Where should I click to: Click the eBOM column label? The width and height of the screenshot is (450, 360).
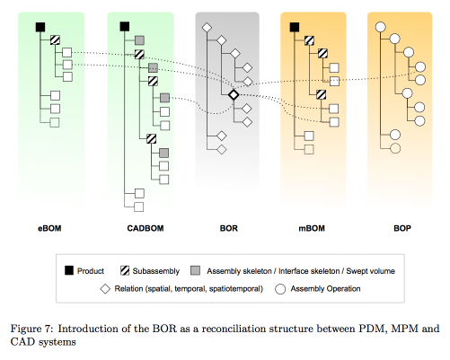[49, 228]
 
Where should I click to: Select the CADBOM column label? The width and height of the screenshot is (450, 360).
[146, 228]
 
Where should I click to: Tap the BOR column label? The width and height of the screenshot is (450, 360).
[229, 228]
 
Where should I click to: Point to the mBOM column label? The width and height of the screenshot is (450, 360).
[312, 228]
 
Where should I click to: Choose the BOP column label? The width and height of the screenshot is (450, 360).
[402, 228]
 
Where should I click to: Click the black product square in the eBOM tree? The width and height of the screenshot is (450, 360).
[40, 27]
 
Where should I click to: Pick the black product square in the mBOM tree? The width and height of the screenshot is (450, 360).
[295, 27]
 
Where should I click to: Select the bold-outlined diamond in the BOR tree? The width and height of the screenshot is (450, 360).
[234, 95]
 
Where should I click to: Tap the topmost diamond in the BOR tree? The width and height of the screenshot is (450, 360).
[207, 28]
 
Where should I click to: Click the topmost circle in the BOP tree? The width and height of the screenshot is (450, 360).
[380, 27]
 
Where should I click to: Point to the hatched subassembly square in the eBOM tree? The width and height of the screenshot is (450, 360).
[55, 40]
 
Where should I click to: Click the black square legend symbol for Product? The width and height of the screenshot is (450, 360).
[69, 270]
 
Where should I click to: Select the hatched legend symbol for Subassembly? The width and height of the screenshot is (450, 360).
[125, 270]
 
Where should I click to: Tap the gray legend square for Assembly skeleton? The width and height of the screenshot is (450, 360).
[195, 270]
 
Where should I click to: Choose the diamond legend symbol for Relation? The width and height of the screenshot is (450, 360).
[105, 289]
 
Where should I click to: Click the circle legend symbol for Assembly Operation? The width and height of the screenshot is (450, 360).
[280, 289]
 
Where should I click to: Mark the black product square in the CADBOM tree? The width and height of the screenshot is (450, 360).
[125, 27]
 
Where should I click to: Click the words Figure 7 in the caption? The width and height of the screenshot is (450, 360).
[31, 329]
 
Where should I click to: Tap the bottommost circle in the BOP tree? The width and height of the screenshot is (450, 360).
[395, 148]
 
